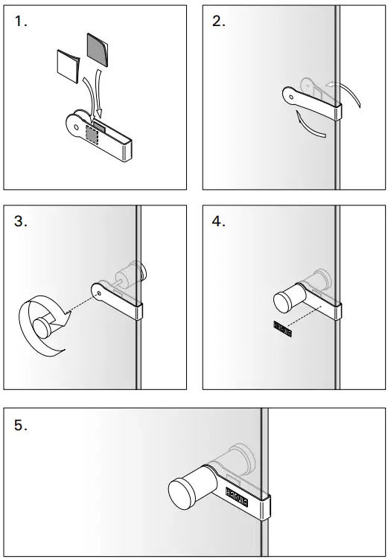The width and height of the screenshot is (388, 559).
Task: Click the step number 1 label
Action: point(21,22)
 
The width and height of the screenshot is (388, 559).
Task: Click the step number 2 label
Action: point(219,22)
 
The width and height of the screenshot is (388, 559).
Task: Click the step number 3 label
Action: point(21,221)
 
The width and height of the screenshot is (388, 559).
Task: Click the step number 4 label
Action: point(219,221)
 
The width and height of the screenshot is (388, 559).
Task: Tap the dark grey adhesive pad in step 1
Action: point(98,49)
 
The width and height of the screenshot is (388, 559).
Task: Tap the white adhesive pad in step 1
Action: point(68,66)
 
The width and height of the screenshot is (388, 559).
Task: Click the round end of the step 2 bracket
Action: point(290,95)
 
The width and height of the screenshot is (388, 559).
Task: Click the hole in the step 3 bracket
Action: point(99,291)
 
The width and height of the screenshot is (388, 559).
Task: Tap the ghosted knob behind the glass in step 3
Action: point(131,273)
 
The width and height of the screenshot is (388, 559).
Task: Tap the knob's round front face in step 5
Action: point(183,496)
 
